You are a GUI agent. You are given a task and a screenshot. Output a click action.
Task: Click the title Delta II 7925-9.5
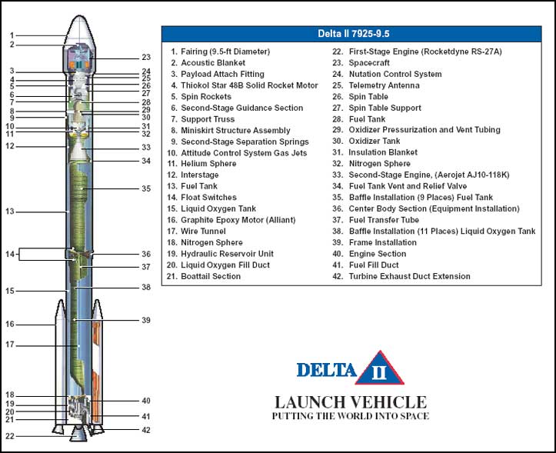[353, 34]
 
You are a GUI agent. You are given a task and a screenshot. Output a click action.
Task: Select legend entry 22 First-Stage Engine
[417, 52]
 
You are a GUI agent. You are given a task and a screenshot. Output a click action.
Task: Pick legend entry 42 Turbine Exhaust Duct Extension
[401, 276]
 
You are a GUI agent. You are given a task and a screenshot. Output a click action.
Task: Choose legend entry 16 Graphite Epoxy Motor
[231, 220]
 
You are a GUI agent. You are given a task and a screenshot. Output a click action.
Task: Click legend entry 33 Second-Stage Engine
[421, 175]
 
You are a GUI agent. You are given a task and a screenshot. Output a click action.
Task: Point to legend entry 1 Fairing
[220, 52]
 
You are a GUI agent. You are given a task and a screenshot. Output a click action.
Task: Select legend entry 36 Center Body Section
[425, 208]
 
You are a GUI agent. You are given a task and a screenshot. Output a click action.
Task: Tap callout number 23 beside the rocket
[146, 57]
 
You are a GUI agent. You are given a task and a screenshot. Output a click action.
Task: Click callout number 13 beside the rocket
[10, 212]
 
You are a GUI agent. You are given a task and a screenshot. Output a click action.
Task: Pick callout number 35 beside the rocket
[146, 188]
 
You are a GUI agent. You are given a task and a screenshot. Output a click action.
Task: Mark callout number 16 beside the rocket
[10, 325]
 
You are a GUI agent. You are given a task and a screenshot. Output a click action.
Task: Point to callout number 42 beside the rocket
[146, 430]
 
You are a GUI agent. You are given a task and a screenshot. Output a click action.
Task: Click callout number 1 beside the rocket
[12, 35]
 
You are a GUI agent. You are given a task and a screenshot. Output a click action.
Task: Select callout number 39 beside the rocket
[146, 320]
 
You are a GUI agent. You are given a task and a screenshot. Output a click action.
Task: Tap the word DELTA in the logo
[326, 370]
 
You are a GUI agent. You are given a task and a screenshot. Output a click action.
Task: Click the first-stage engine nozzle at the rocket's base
[78, 434]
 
